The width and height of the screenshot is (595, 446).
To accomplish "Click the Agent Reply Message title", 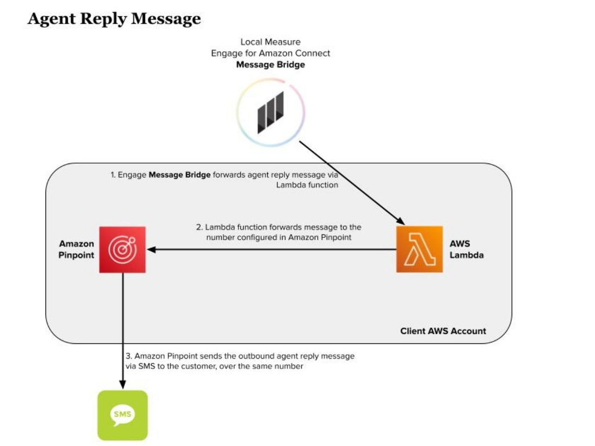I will (x=114, y=19).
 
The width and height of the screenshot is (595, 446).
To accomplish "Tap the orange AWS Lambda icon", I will (x=419, y=249).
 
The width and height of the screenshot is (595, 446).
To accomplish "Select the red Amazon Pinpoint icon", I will (x=122, y=249).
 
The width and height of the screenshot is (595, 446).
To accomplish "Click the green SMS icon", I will (x=122, y=415).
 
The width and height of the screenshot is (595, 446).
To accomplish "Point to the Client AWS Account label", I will (x=443, y=331).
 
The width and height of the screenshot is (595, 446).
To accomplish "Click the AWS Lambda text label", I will (x=466, y=249).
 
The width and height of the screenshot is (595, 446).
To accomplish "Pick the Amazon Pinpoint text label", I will (x=76, y=249).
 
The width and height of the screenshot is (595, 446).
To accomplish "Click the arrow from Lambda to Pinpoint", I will (x=274, y=249).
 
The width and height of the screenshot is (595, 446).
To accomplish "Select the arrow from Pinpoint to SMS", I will (x=123, y=325).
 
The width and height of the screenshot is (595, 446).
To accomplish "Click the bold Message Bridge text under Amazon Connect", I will (x=271, y=65).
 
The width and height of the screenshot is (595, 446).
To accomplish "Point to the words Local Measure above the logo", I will (x=271, y=42).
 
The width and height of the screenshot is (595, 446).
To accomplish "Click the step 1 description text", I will (x=225, y=180).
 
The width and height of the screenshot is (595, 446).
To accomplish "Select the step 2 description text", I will (x=278, y=232).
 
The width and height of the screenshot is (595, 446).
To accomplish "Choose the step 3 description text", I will (x=239, y=361).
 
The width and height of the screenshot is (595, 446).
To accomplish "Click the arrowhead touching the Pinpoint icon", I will (x=151, y=249).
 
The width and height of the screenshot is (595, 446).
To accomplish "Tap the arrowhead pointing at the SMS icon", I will (x=123, y=385).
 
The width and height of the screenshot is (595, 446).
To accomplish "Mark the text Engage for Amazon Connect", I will (x=271, y=53).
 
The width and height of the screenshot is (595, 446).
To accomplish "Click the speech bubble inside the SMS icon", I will (x=122, y=414).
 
